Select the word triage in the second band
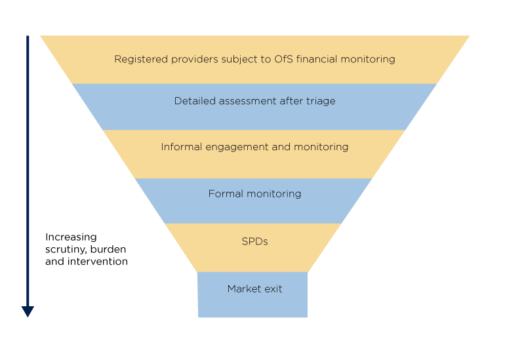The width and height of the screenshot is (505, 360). point(320,102)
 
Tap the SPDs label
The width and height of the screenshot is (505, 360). point(254,241)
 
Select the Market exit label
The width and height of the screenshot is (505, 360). point(254,289)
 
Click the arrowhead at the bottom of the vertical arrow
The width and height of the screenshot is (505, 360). point(28,311)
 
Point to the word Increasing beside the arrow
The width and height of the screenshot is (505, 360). point(71,237)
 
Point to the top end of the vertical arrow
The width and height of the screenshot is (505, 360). point(28,38)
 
